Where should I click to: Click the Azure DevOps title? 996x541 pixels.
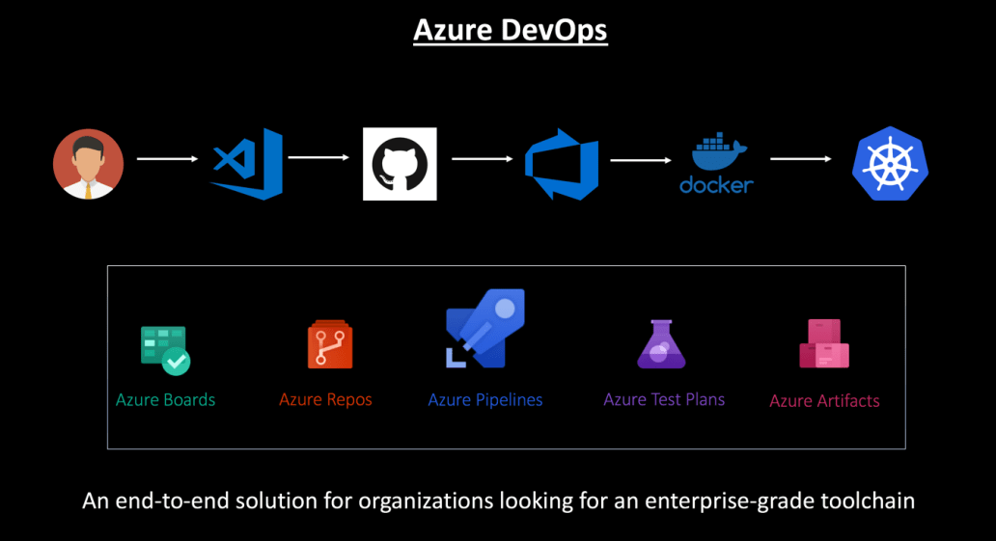click(x=510, y=30)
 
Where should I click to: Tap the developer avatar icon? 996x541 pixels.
click(x=88, y=164)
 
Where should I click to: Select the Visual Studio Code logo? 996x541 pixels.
click(x=248, y=164)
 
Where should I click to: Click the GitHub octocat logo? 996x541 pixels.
click(x=400, y=164)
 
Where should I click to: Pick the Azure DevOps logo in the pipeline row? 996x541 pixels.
click(x=561, y=164)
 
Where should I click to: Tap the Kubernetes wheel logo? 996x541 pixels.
click(x=889, y=164)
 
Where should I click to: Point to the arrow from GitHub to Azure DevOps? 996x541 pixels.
click(x=482, y=158)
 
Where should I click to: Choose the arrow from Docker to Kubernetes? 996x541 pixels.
click(x=800, y=158)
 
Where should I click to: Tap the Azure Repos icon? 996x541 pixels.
click(x=329, y=345)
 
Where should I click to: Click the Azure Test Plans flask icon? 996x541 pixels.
click(x=661, y=344)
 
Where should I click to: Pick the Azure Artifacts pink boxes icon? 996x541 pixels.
click(x=823, y=344)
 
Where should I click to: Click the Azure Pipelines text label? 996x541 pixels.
click(x=485, y=399)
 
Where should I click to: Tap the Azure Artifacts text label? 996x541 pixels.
click(x=824, y=401)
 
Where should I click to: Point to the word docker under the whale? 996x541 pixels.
click(x=716, y=184)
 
